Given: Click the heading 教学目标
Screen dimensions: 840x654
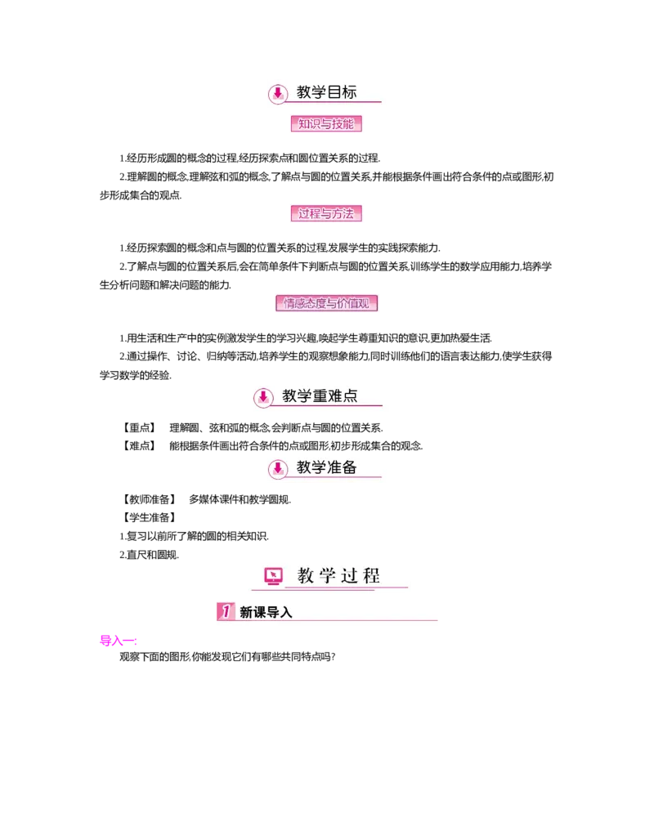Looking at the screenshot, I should pos(326,92).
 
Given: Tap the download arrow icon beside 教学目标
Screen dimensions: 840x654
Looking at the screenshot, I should pos(278,94).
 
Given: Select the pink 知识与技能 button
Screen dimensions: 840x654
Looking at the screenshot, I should pos(326,124).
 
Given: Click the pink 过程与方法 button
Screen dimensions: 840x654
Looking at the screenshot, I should pos(326,214).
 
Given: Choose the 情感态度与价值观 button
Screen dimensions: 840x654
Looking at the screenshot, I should pos(329,303).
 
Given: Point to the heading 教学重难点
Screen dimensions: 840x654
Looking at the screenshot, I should pos(320,396).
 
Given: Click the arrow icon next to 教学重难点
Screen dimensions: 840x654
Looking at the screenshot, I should pos(262,398).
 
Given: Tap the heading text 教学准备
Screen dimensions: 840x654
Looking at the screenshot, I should pos(326,467).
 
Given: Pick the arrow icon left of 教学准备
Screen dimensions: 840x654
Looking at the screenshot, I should pos(278,469).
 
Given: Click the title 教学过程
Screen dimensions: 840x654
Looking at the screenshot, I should pos(338,576).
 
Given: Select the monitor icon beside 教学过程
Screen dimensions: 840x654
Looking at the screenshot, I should pos(273,577).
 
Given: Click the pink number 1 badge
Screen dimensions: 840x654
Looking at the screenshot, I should pos(226,611).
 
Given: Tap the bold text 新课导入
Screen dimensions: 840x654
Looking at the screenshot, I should pos(266,612).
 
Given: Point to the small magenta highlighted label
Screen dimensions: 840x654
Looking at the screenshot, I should pos(118,641).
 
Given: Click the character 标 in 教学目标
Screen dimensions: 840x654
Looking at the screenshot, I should pos(350,92).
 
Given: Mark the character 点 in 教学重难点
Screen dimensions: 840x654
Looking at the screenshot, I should pos(350,396).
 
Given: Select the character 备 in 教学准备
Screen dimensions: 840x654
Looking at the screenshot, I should pos(350,467).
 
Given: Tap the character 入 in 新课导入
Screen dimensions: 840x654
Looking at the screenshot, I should pos(285,612).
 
